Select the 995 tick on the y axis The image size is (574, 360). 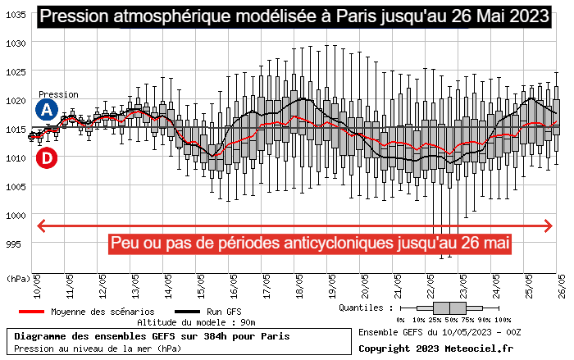(16, 244)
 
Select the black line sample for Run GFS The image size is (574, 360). (187, 312)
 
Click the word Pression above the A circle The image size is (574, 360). (58, 94)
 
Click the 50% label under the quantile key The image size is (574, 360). (450, 319)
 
